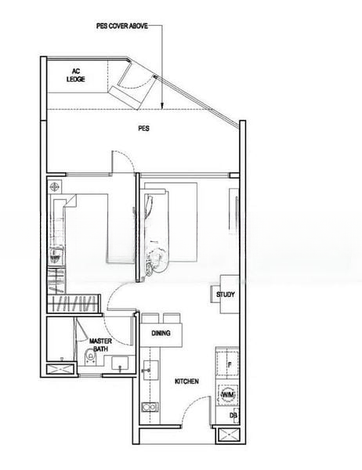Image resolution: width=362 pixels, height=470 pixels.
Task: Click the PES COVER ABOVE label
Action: point(122,26)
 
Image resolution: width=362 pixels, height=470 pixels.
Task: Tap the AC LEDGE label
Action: point(75,75)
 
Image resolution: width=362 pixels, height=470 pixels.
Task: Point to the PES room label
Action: point(143,128)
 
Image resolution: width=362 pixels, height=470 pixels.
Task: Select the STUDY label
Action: point(226,295)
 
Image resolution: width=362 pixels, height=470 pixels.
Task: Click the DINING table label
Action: point(161,333)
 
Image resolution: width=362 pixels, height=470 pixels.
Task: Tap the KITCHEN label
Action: point(186,381)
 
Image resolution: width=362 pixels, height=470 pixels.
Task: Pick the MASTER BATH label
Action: point(100,345)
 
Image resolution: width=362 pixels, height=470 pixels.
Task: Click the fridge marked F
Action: point(227,361)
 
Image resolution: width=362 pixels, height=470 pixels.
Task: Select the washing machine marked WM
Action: point(228,395)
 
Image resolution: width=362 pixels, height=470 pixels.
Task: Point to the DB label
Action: point(233,415)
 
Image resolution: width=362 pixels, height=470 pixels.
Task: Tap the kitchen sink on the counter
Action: point(150,371)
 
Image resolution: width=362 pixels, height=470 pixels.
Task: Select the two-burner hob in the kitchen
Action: point(150,407)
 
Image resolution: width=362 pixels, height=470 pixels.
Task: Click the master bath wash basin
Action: point(120,363)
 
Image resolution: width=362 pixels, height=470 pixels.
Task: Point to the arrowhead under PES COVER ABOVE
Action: point(162,105)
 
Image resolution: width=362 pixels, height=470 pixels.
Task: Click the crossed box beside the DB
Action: point(229,436)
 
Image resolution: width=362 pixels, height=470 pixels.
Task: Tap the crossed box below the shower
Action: point(60,368)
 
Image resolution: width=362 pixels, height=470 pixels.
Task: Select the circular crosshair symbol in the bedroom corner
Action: point(54,187)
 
